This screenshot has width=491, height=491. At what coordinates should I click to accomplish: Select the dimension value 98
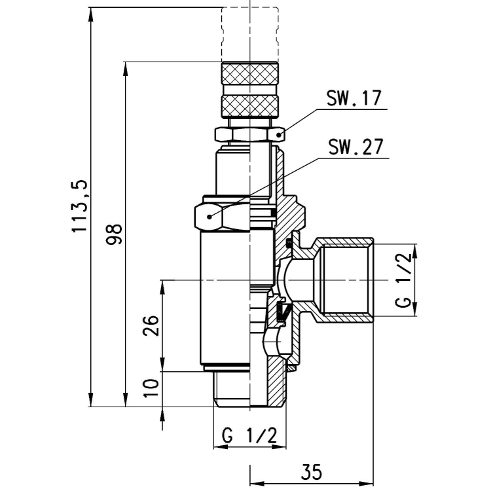(115, 234)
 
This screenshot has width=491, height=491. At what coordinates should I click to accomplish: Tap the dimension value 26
(151, 325)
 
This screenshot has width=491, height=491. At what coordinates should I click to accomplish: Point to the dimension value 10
(151, 389)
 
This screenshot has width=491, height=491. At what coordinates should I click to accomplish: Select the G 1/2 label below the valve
(249, 435)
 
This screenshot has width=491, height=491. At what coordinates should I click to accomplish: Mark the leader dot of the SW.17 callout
(279, 134)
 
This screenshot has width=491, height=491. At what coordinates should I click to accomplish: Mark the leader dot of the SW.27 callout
(209, 215)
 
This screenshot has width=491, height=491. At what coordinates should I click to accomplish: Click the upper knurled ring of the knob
(249, 73)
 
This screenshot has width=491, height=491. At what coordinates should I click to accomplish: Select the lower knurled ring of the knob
(249, 103)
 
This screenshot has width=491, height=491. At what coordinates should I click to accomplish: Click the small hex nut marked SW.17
(249, 134)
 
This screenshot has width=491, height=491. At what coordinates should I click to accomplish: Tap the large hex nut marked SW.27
(223, 215)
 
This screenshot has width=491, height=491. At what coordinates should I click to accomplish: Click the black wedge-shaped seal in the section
(282, 313)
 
